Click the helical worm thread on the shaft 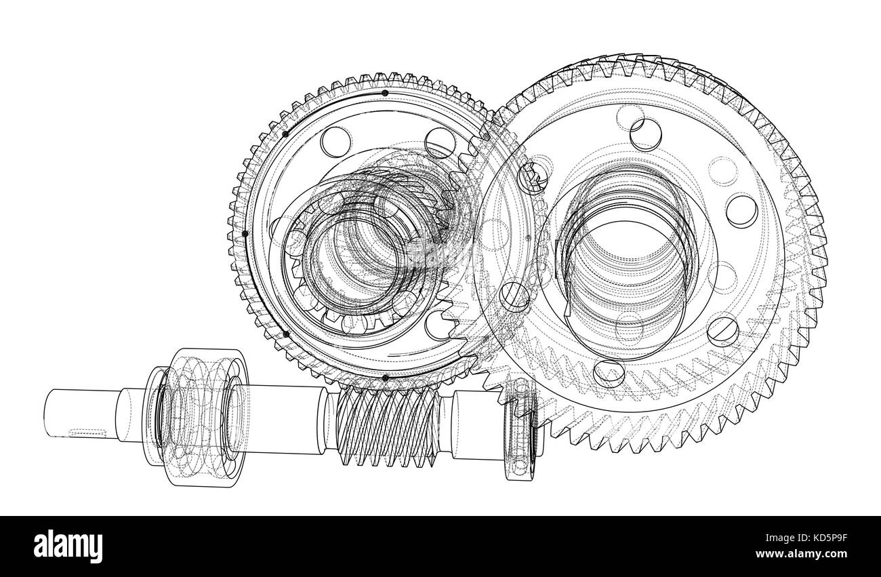tap(384, 429)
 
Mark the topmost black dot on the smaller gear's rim tap(385, 93)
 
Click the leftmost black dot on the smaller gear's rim tap(245, 233)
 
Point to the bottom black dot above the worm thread tap(385, 378)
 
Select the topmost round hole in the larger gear tap(645, 132)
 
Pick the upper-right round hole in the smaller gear tap(441, 141)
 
